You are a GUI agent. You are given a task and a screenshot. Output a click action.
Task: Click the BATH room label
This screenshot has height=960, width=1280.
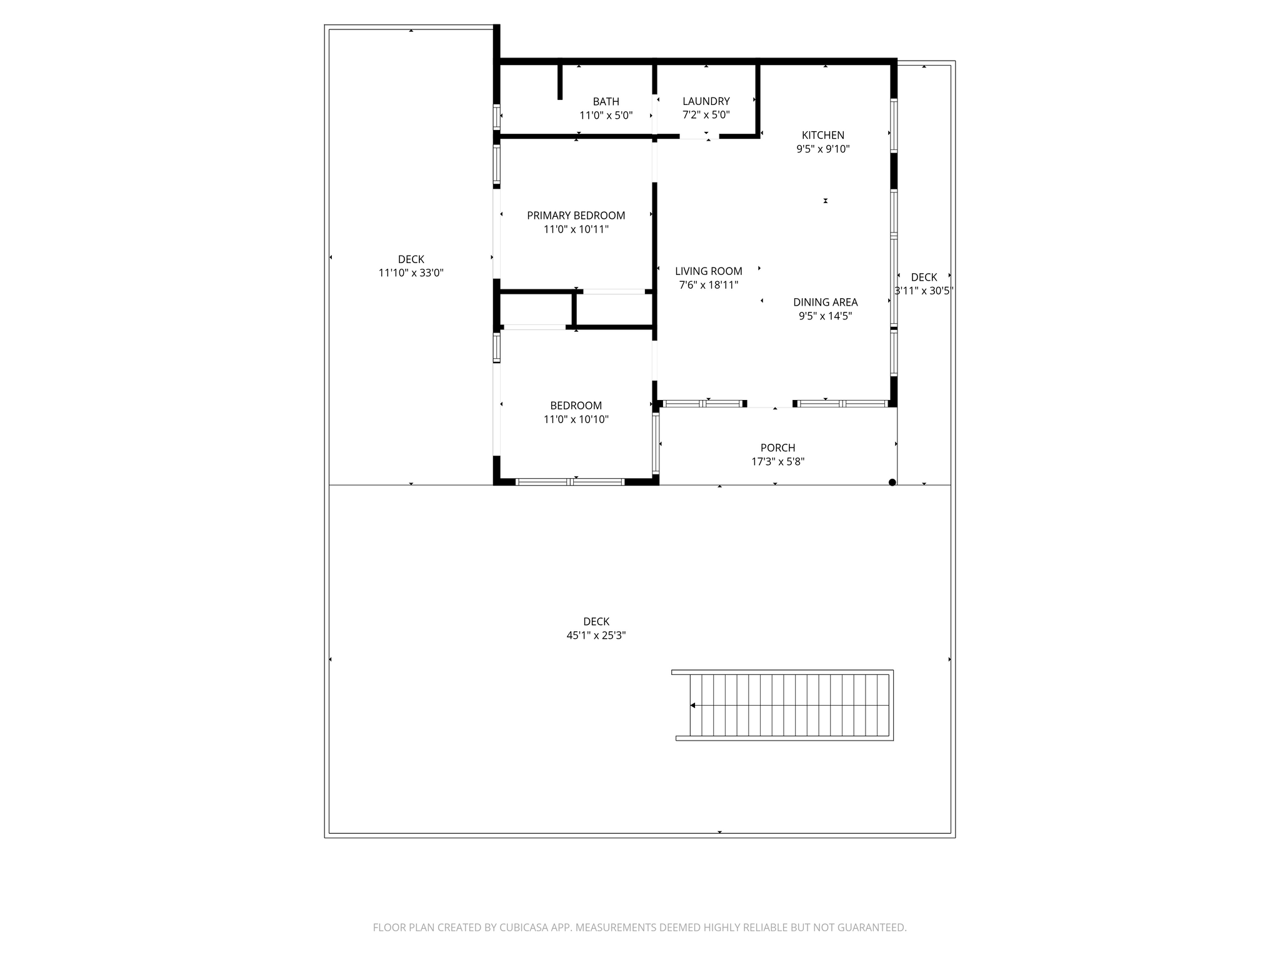606,101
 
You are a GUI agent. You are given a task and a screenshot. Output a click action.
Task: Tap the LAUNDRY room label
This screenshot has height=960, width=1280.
706,101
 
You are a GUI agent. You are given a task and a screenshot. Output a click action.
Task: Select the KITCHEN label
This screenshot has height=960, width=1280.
822,135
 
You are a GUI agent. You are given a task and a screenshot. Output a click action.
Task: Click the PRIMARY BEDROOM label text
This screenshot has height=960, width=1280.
576,216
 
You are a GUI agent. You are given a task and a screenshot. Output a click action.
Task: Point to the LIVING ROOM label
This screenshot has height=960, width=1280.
708,271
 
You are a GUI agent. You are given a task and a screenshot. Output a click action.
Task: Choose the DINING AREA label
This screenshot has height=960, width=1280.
825,302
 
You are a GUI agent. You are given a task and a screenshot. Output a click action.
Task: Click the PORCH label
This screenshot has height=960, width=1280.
777,448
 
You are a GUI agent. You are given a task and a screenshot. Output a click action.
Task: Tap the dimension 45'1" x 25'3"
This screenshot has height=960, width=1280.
596,636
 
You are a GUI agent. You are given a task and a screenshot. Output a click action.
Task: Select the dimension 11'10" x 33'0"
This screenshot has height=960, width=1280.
411,273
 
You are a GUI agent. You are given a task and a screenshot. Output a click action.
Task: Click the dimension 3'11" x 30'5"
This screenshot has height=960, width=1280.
923,291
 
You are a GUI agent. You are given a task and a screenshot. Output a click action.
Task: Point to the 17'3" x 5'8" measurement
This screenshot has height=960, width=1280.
777,462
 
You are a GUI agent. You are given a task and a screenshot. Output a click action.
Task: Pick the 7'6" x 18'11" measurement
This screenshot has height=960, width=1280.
708,285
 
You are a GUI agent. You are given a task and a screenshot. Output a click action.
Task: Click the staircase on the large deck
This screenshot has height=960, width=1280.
787,705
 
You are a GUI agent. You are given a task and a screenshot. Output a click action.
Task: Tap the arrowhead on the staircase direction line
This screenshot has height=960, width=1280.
692,706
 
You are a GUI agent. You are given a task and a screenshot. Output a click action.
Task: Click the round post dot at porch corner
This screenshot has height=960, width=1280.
892,482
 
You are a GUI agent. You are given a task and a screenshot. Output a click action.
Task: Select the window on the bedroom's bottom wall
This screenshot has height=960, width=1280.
569,481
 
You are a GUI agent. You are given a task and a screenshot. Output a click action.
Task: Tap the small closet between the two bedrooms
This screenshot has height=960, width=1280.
536,309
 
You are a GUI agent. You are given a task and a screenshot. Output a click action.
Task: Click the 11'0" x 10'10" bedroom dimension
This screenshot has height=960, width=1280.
576,419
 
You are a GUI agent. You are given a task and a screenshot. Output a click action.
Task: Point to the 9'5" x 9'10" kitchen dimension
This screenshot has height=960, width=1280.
822,149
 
